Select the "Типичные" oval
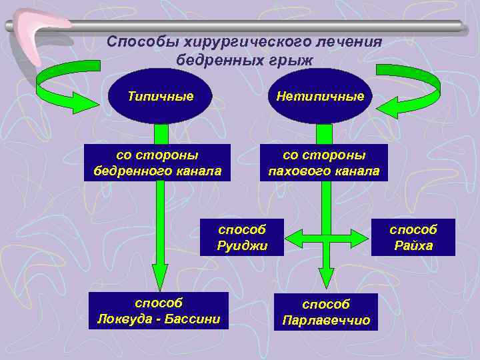point(160,96)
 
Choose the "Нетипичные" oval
point(320,97)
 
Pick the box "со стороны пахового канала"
point(323,163)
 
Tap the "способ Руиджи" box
point(241,237)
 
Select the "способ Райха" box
point(413,237)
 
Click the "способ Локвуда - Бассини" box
point(158,310)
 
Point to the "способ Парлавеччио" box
point(325,311)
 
